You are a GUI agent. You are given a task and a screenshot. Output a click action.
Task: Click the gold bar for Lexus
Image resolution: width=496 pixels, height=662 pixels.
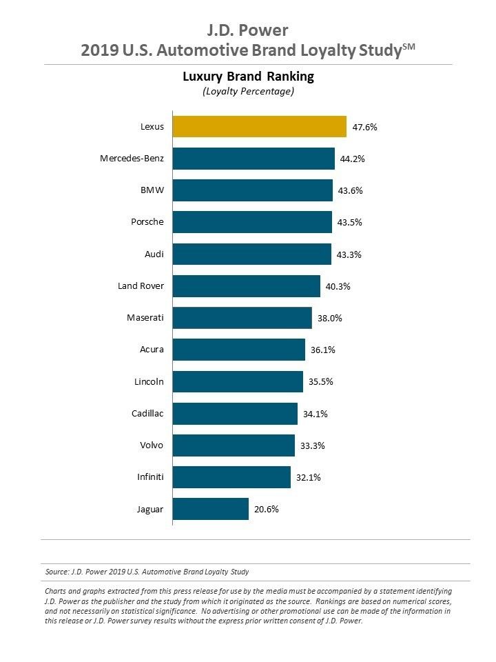259,127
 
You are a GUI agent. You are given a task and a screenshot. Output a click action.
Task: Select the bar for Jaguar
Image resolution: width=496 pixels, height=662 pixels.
210,509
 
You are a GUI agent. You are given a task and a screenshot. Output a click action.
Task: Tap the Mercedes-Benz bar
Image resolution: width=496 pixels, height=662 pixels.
253,159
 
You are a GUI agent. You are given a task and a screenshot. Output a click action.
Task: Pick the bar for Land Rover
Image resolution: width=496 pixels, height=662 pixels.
246,286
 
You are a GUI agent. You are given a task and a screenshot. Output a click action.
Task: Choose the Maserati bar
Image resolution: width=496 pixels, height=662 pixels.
242,318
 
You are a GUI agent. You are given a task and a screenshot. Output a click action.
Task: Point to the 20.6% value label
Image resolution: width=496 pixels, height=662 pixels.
267,509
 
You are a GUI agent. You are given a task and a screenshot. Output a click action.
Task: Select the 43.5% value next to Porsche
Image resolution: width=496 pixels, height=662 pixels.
350,223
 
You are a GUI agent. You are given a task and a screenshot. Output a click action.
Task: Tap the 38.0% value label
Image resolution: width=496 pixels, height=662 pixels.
329,318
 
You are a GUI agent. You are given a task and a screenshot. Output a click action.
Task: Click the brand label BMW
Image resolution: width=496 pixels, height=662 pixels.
152,190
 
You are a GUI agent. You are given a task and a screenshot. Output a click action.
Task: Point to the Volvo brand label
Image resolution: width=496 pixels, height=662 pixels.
151,445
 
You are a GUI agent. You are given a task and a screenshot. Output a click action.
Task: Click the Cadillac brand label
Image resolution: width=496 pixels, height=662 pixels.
147,414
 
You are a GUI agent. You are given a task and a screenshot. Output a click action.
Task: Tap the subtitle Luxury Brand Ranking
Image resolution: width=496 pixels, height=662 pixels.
248,76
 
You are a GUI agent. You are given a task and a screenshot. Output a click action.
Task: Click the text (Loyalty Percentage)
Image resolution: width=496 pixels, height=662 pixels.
248,92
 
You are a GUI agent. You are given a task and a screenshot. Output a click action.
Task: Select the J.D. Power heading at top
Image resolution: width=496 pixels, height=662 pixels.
247,30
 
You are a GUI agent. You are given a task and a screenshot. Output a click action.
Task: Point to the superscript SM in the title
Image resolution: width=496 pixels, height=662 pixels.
409,46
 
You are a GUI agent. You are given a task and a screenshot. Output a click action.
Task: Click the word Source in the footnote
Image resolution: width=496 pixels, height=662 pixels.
56,572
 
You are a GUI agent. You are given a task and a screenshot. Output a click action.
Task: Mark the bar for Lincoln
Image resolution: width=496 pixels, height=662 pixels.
238,381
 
